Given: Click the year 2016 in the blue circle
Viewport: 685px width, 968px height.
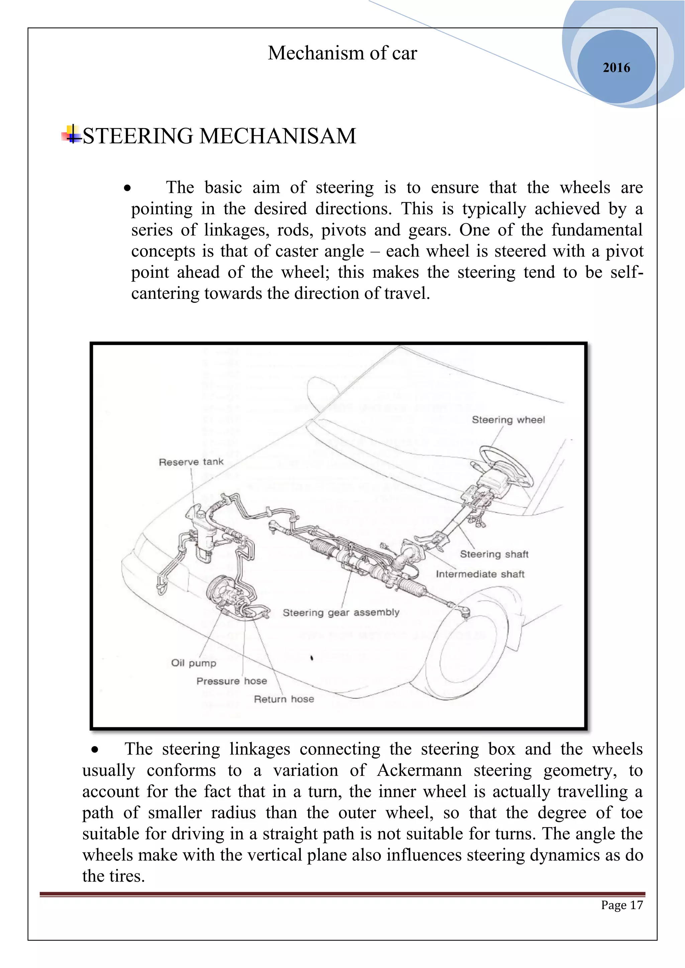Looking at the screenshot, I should [x=616, y=68].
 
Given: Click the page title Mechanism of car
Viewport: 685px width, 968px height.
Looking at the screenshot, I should [x=342, y=53].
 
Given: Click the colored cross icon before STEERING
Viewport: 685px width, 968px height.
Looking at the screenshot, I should [x=72, y=135].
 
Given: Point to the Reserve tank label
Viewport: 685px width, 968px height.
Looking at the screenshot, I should [x=191, y=462].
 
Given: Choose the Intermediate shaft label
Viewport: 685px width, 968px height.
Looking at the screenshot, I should [x=480, y=574].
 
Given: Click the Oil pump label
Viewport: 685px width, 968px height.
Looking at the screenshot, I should [x=194, y=663].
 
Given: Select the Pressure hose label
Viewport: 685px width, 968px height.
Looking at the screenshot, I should [x=231, y=681].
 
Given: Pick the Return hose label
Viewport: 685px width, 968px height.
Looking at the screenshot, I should [x=284, y=699].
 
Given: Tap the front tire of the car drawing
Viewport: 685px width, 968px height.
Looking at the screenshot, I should [x=464, y=658].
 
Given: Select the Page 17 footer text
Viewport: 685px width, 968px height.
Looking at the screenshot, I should [x=622, y=905].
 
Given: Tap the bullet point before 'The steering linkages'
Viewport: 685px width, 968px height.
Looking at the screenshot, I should [x=95, y=750].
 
